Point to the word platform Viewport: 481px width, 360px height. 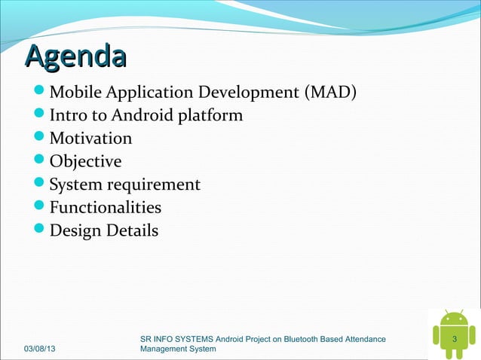(x=210, y=116)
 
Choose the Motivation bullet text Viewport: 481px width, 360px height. (x=90, y=139)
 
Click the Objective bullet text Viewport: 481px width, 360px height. (x=85, y=162)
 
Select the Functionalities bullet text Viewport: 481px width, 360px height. (x=106, y=207)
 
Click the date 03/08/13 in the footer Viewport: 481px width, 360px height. (x=44, y=349)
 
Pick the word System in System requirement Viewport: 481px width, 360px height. (x=77, y=185)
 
